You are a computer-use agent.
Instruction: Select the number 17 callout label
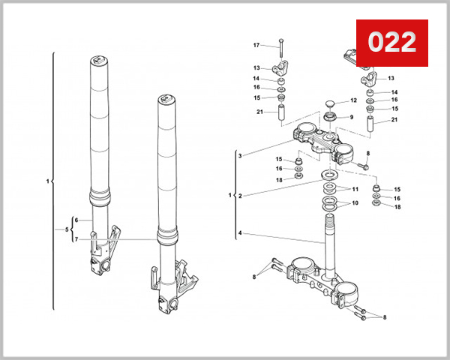[x=256, y=46]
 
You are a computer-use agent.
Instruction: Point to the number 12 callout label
[x=353, y=100]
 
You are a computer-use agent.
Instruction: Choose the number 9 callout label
[x=351, y=117]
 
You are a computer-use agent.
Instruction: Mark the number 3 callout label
[x=240, y=155]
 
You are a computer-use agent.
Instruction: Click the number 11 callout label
[x=355, y=189]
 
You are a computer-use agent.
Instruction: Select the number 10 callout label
[x=355, y=203]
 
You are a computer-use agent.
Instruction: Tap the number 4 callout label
[x=240, y=234]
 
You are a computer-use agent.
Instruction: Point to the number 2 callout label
[x=240, y=196]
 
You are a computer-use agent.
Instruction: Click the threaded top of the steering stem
[x=328, y=220]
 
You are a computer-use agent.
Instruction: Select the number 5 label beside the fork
[x=67, y=229]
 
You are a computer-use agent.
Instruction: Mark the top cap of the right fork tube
[x=166, y=99]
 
